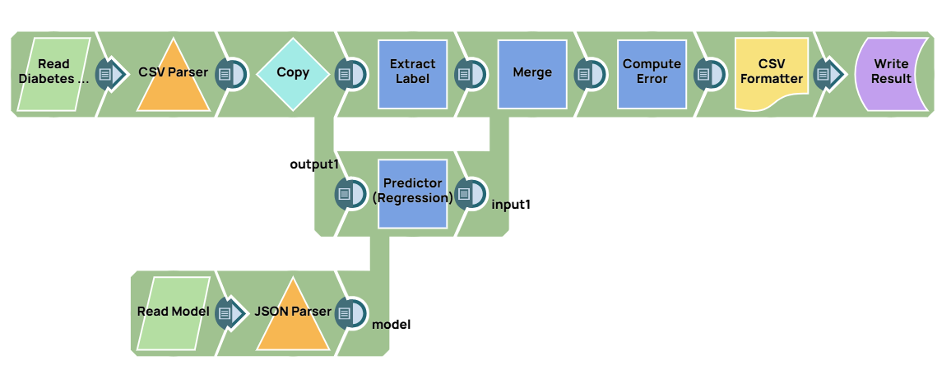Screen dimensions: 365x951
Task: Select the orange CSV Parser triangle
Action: point(173,78)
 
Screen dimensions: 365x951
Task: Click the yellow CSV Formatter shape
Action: point(771,72)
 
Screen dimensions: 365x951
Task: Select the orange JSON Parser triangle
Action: point(293,316)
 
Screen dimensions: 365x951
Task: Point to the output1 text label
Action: point(314,164)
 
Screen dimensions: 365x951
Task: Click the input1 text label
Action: point(510,204)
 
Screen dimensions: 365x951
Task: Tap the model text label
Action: point(392,325)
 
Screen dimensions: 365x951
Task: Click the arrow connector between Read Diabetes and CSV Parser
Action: point(112,75)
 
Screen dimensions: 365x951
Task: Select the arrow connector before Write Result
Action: point(829,75)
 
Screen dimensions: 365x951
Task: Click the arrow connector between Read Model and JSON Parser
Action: point(231,313)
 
